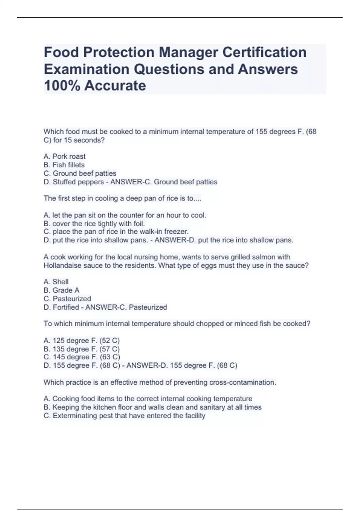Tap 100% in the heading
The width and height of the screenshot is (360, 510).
[x=62, y=86]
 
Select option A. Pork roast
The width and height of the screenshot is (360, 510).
[x=64, y=157]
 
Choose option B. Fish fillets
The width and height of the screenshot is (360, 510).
[x=64, y=165]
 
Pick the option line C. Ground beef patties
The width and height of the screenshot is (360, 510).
[x=80, y=173]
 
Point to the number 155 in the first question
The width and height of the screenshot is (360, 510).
[x=261, y=132]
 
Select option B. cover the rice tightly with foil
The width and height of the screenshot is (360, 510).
[x=94, y=224]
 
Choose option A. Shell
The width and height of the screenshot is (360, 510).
[x=56, y=282]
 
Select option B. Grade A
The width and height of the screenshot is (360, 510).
[x=61, y=290]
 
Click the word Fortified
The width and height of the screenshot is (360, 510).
[x=66, y=307]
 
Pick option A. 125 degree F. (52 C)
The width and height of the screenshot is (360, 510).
[x=82, y=341]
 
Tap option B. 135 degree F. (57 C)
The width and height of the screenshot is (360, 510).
[x=82, y=349]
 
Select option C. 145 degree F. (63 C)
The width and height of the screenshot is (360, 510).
[x=82, y=357]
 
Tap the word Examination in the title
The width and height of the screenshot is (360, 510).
[x=87, y=69]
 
